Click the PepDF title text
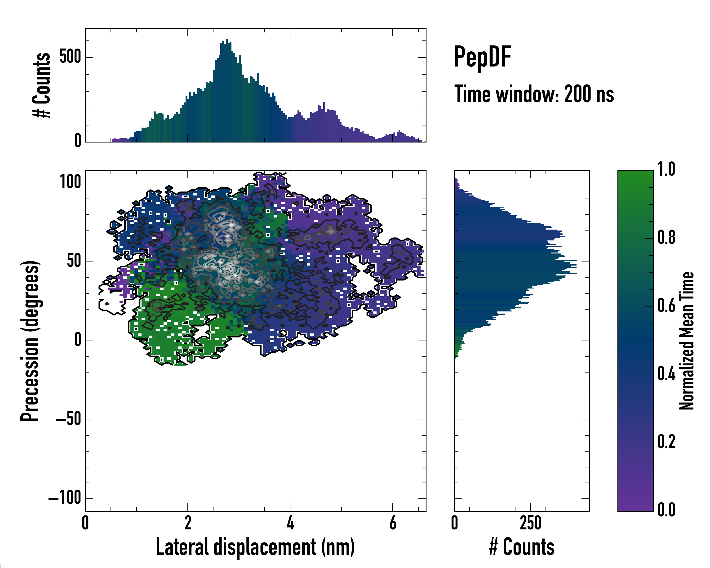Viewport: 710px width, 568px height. pos(482,57)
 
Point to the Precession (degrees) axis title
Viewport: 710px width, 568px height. pos(30,341)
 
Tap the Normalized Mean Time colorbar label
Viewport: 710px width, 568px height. pos(687,341)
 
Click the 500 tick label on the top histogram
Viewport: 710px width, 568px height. pos(70,57)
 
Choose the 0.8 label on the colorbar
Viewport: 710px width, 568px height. pos(666,238)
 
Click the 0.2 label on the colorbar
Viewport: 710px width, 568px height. pos(666,442)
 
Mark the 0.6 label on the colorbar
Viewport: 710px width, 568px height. pos(666,306)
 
